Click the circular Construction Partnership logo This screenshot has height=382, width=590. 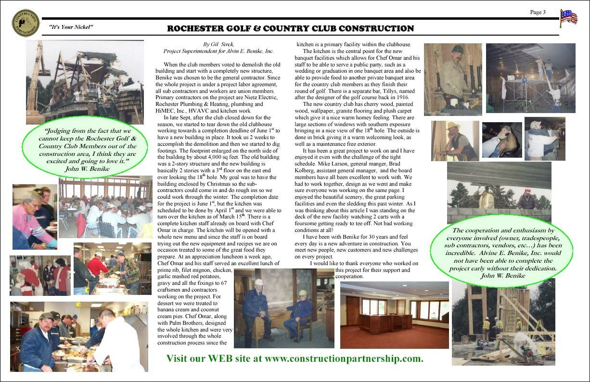pyautogui.click(x=26, y=23)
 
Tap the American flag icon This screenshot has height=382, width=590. pyautogui.click(x=568, y=18)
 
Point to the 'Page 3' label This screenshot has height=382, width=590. pyautogui.click(x=538, y=13)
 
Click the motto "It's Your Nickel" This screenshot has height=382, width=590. pyautogui.click(x=71, y=27)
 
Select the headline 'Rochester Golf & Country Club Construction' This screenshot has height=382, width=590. pyautogui.click(x=290, y=28)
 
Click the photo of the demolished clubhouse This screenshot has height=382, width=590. pyautogui.click(x=85, y=82)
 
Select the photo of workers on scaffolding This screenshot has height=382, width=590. pyautogui.click(x=530, y=78)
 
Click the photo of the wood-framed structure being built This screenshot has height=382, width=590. pyautogui.click(x=503, y=322)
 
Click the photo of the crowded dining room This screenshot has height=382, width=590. pyautogui.click(x=105, y=208)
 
